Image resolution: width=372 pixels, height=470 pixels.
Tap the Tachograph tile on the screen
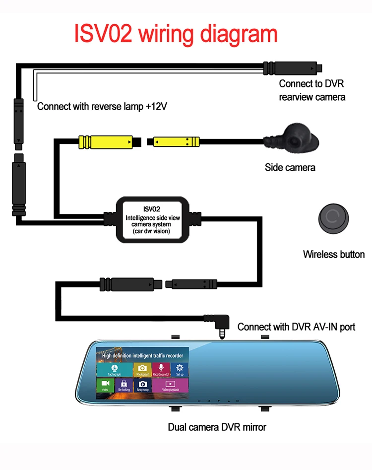click(114, 370)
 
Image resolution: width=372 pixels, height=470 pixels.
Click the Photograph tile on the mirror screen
click(142, 370)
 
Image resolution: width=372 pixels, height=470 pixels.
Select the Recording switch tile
click(161, 370)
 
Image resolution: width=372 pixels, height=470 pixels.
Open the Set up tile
click(180, 370)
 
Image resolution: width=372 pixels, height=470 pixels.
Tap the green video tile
click(105, 386)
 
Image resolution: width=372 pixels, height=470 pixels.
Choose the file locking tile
click(124, 386)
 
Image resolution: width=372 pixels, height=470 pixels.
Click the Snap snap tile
click(142, 386)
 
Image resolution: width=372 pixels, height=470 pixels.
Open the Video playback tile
click(170, 386)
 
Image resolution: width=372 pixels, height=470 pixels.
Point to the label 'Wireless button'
click(334, 255)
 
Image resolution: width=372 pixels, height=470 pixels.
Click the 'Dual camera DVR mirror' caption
click(217, 427)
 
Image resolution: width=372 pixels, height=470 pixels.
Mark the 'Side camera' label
click(290, 167)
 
